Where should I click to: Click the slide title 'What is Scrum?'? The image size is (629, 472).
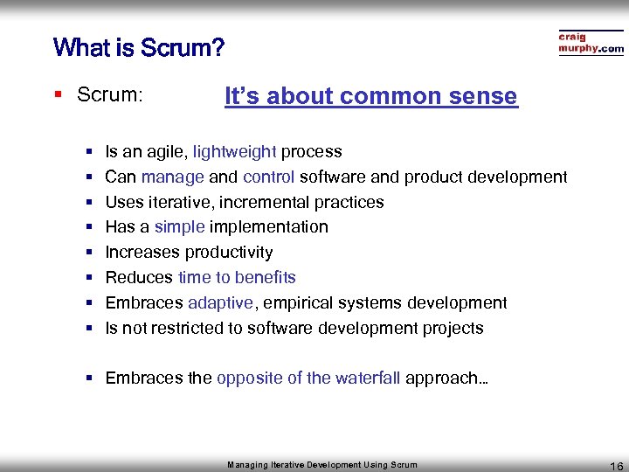coord(138,46)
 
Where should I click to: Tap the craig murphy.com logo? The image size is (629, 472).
coord(591,43)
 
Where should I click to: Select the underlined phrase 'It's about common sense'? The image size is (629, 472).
coord(370,96)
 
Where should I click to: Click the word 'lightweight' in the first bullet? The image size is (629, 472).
coord(234,152)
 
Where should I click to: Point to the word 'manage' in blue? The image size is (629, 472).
coord(172,177)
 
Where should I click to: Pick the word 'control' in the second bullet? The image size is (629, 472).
coord(268,177)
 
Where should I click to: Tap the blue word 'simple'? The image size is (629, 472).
coord(179,227)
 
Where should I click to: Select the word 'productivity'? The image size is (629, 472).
coord(232,253)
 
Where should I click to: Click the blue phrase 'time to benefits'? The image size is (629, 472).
coord(237,278)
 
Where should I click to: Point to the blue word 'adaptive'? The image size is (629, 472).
coord(220,303)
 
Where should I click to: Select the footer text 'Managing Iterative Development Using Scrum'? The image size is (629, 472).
coord(322,465)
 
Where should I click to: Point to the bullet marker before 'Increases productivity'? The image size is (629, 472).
coord(89,253)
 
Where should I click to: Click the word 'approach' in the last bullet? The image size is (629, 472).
coord(442,378)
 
